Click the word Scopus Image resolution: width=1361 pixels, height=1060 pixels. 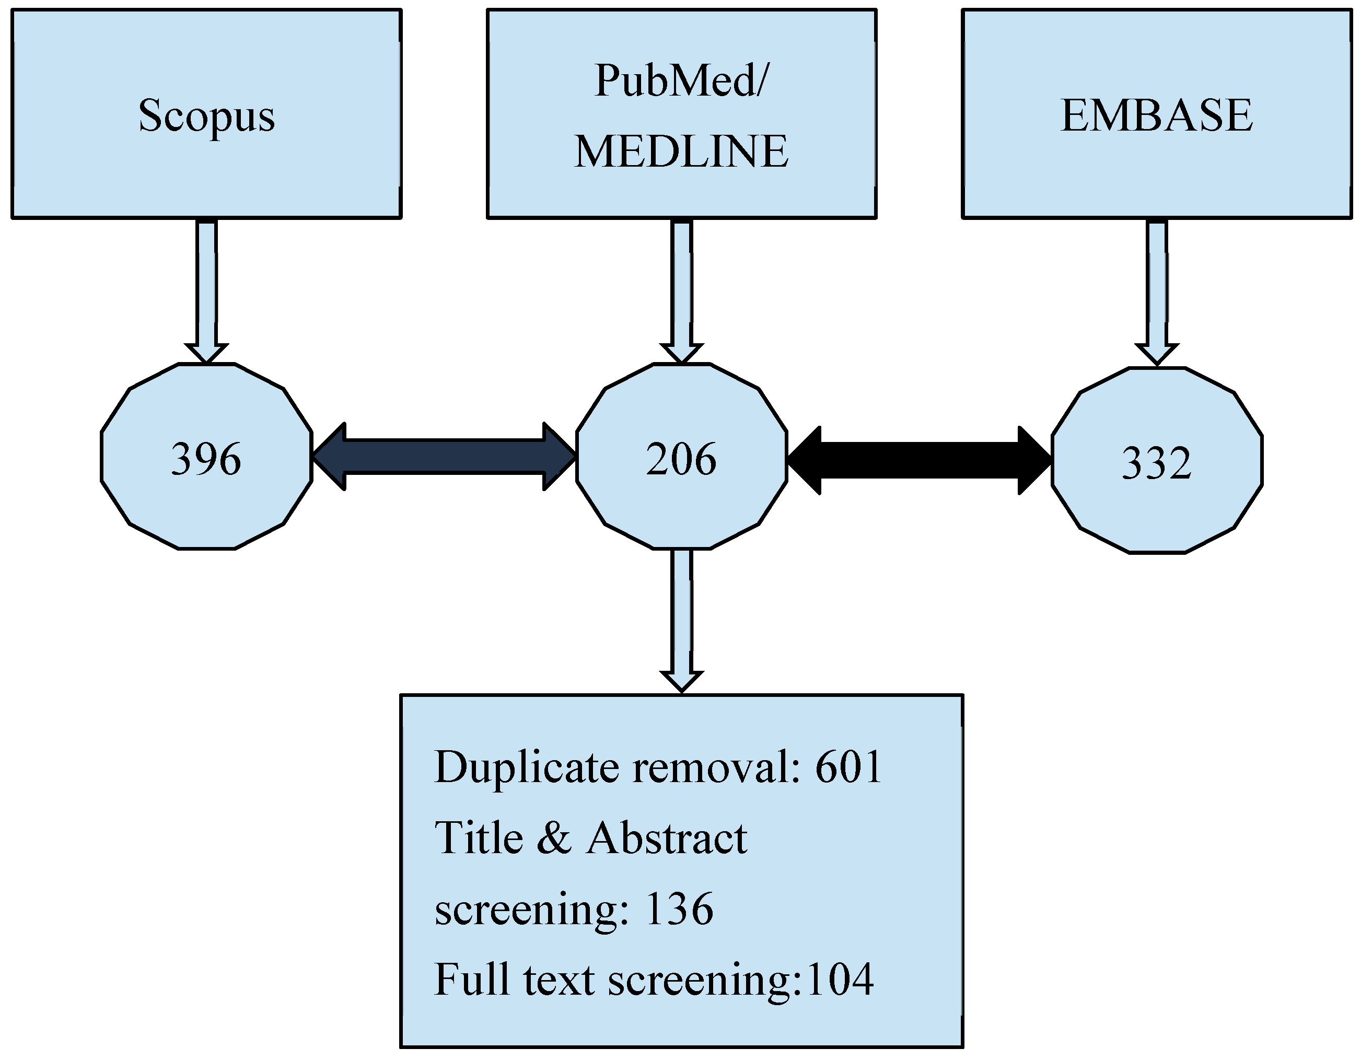pyautogui.click(x=206, y=116)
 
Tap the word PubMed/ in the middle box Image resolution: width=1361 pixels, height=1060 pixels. pyautogui.click(x=681, y=81)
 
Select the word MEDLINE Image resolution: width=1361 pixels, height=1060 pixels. pyautogui.click(x=681, y=152)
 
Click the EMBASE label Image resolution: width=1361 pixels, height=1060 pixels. pyautogui.click(x=1157, y=116)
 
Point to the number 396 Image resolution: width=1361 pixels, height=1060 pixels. pyautogui.click(x=206, y=459)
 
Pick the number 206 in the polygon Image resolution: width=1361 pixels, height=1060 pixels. pyautogui.click(x=681, y=459)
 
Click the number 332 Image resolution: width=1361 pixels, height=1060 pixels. pyautogui.click(x=1157, y=463)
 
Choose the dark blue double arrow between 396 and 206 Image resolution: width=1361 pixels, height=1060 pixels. pyautogui.click(x=444, y=457)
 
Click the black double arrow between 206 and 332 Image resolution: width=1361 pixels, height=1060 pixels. pyautogui.click(x=919, y=460)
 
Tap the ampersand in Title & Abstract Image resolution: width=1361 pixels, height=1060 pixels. pyautogui.click(x=553, y=838)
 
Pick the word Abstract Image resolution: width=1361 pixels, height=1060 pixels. pyautogui.click(x=667, y=838)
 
